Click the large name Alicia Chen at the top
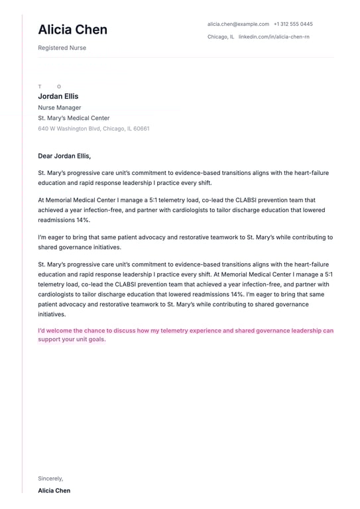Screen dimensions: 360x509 pyautogui.click(x=72, y=30)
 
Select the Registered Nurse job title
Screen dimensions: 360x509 pyautogui.click(x=62, y=48)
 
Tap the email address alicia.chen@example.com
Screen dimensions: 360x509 pyautogui.click(x=238, y=24)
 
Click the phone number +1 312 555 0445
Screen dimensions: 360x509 pyautogui.click(x=293, y=24)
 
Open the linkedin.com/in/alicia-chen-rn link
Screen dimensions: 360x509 pyautogui.click(x=274, y=36)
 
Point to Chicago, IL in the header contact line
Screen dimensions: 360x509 pyautogui.click(x=220, y=36)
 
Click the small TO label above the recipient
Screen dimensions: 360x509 pyautogui.click(x=49, y=87)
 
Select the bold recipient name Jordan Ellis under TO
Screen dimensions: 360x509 pyautogui.click(x=58, y=97)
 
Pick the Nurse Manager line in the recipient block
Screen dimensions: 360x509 pyautogui.click(x=60, y=107)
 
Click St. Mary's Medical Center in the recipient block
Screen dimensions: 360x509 pyautogui.click(x=74, y=118)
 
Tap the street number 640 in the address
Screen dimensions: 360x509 pyautogui.click(x=43, y=129)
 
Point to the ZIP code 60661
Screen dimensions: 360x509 pyautogui.click(x=141, y=129)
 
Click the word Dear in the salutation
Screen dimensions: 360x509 pyautogui.click(x=45, y=156)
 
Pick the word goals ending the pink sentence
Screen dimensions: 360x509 pyautogui.click(x=95, y=339)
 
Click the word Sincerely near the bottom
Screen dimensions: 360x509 pyautogui.click(x=50, y=478)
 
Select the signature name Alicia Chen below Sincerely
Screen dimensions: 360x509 pyautogui.click(x=54, y=490)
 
